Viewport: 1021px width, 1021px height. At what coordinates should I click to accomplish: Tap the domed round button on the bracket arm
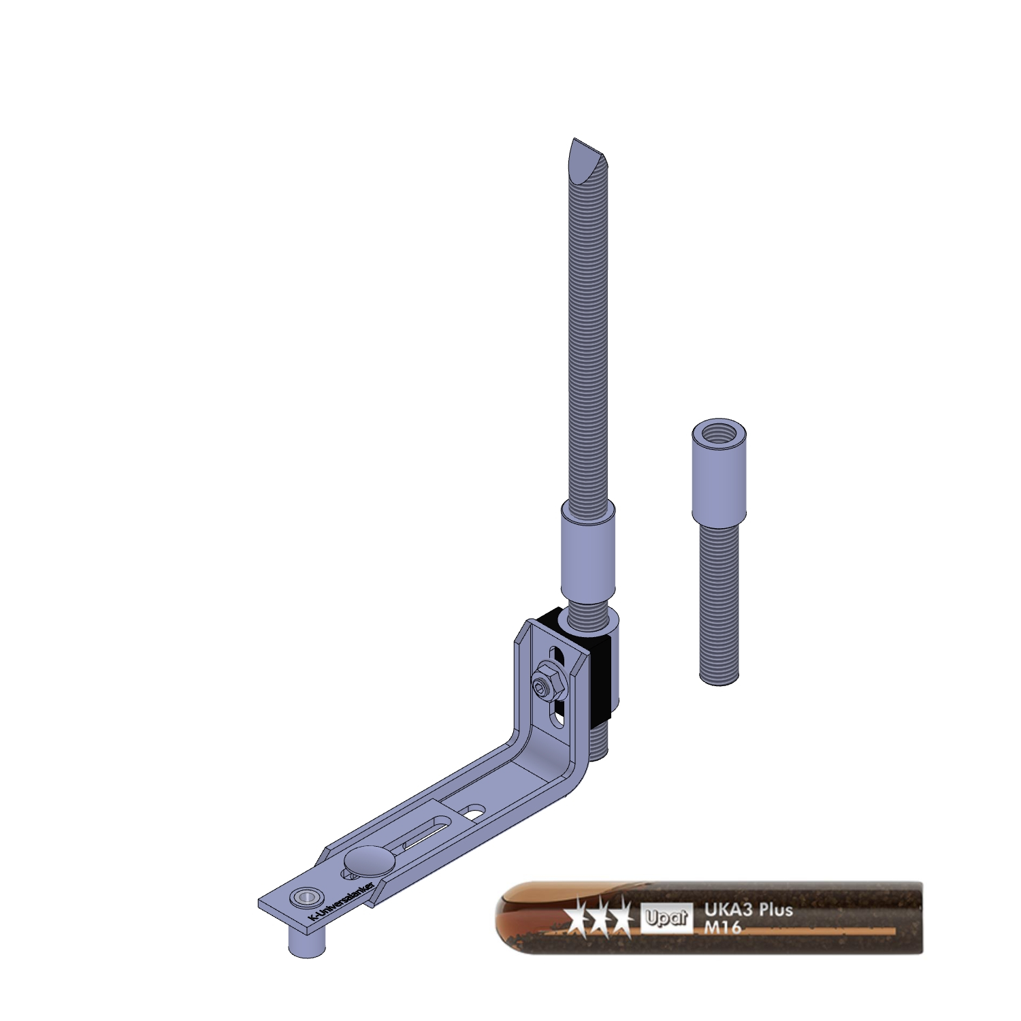click(x=368, y=860)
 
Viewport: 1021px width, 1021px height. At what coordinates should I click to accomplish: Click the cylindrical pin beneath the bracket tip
click(x=307, y=942)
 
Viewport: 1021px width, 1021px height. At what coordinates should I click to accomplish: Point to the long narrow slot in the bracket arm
click(x=425, y=835)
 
